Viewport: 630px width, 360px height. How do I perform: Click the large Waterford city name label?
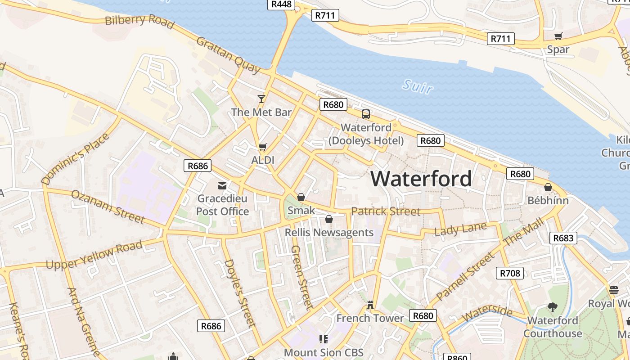[421, 179]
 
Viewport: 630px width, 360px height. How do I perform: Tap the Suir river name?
[418, 86]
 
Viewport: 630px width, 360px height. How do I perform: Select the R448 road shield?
[281, 4]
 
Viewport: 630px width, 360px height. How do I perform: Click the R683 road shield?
[563, 238]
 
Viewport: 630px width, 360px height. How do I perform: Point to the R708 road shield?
[510, 273]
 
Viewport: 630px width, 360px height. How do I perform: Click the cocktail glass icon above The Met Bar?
[261, 99]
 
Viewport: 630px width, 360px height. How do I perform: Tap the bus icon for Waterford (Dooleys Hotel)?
[366, 114]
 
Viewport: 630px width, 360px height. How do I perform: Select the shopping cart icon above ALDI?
[263, 147]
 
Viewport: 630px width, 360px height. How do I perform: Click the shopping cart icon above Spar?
[558, 36]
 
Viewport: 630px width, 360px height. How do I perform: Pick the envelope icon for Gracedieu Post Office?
[222, 185]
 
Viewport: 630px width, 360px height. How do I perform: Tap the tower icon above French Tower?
[370, 305]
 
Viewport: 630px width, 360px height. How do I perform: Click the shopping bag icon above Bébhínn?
[548, 187]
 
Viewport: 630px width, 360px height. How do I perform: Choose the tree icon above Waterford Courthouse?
[553, 307]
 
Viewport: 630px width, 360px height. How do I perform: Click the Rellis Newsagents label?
[329, 232]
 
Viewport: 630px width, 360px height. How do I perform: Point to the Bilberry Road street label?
[139, 20]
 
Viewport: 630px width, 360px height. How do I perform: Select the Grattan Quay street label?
[228, 55]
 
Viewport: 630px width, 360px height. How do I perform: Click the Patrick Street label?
[386, 211]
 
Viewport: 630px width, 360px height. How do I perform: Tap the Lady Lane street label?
[460, 229]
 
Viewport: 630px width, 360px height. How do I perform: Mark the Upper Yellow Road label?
[94, 255]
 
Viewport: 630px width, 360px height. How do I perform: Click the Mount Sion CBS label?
[324, 352]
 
